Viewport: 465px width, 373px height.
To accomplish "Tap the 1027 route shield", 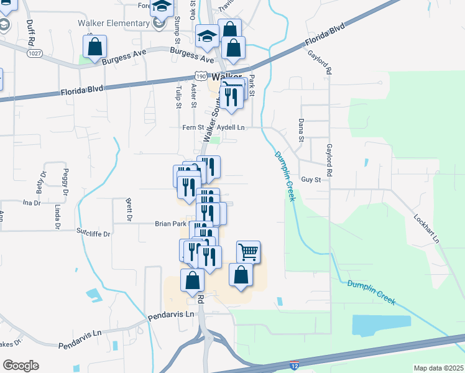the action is [35, 55].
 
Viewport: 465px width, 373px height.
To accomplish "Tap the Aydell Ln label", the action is [234, 128].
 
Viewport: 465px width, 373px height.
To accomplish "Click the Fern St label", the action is [189, 128].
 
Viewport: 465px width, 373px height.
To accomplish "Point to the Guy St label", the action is [310, 180].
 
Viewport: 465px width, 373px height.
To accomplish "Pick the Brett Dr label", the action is [129, 210].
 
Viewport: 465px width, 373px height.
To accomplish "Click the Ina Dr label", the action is [31, 203].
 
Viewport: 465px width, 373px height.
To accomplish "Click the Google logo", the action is [21, 366].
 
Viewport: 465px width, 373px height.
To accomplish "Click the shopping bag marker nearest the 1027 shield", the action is [94, 47].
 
